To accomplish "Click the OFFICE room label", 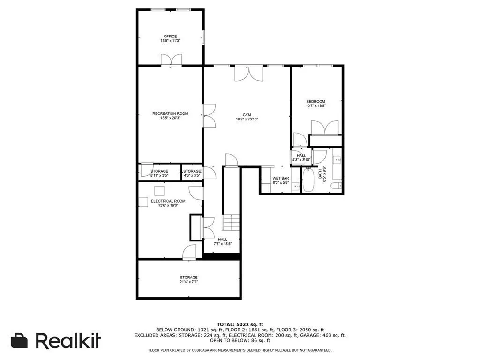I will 170,37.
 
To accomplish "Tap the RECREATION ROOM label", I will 170,113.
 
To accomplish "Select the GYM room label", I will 247,115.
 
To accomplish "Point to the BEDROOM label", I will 315,101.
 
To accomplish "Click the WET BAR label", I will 280,179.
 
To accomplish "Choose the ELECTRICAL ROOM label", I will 168,201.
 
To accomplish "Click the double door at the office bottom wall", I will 171,60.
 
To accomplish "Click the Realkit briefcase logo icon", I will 19,341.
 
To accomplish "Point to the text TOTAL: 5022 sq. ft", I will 240,324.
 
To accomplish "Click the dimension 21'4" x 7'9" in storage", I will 189,282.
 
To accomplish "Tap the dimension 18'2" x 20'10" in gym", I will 247,120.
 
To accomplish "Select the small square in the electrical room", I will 160,190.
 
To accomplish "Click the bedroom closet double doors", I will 325,128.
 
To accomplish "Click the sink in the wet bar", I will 295,186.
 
